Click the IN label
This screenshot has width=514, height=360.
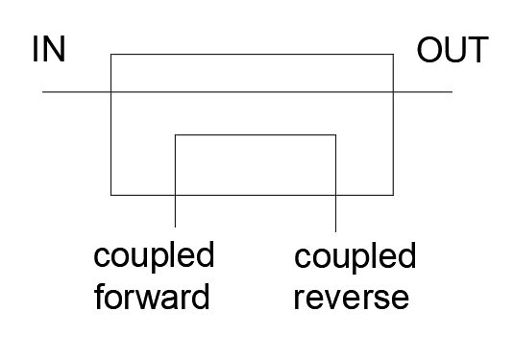click(49, 49)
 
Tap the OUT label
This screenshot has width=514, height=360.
click(453, 50)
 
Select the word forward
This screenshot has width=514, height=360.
click(152, 297)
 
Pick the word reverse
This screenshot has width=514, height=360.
click(352, 299)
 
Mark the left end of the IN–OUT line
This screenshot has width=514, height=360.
click(42, 92)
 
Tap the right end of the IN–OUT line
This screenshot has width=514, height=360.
click(453, 92)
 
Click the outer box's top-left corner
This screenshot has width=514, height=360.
click(111, 54)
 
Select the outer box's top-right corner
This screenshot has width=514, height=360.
click(393, 54)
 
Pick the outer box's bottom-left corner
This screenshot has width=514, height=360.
click(111, 195)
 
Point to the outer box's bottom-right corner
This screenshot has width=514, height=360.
click(393, 195)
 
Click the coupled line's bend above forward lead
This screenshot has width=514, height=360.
click(176, 134)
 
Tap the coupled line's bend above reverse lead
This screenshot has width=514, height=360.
click(335, 134)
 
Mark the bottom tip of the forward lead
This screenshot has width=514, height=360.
click(176, 227)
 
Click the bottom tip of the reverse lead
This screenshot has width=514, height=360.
click(335, 232)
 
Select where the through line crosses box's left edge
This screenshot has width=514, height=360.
click(111, 92)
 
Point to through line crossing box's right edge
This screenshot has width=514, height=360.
click(393, 92)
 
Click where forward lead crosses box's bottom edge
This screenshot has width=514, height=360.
click(176, 195)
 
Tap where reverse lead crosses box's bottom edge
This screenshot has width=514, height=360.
click(335, 195)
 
